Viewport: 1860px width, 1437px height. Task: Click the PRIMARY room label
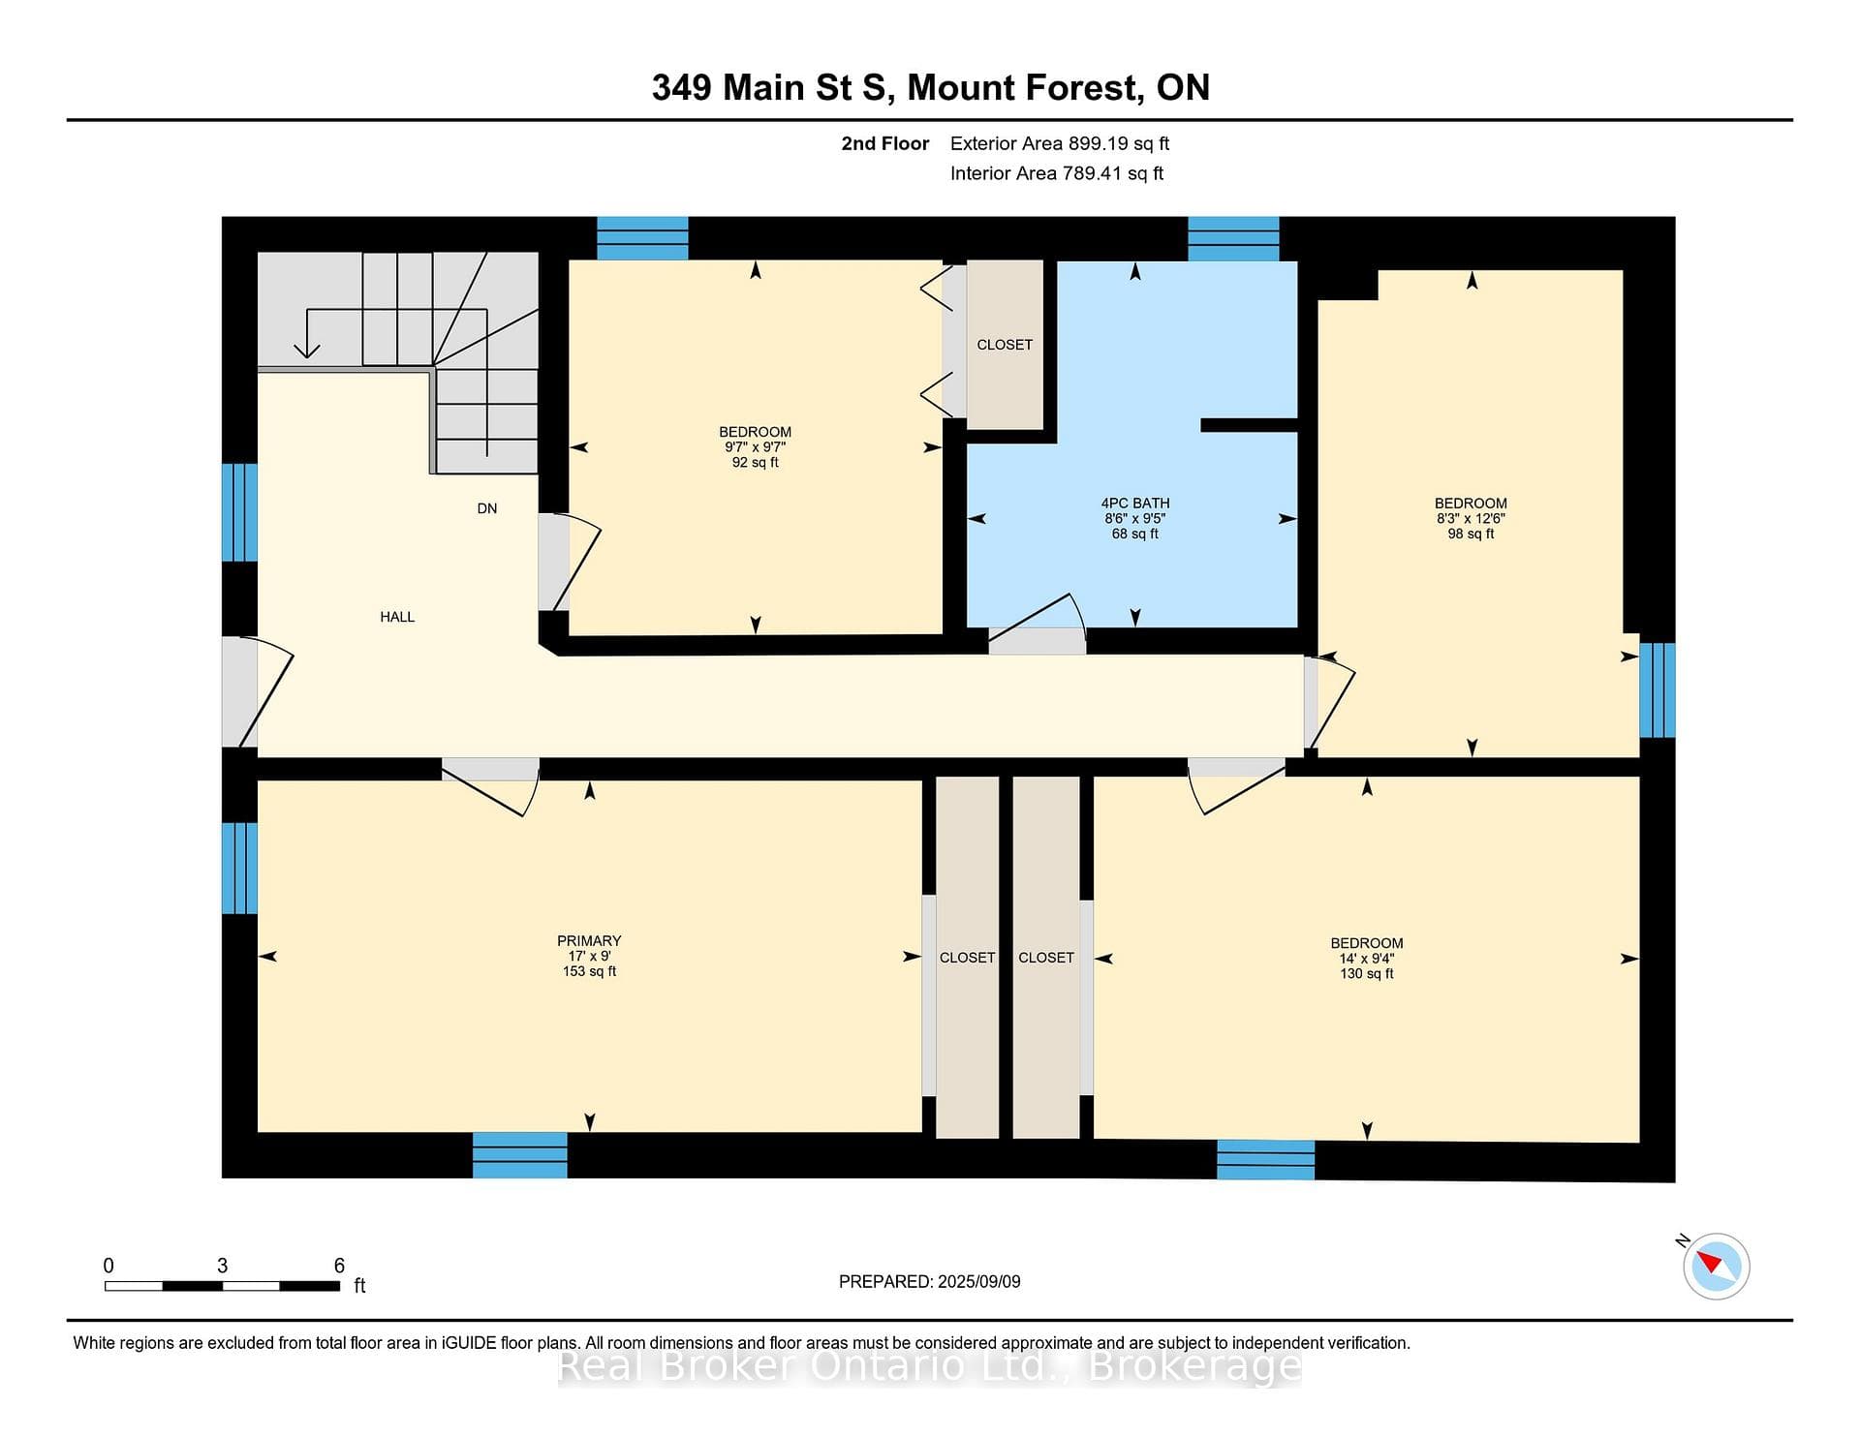(x=589, y=940)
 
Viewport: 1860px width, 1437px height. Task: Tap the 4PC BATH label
(x=1135, y=503)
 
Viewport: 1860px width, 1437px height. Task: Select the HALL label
(x=397, y=617)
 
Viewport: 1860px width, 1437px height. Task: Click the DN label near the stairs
(x=487, y=508)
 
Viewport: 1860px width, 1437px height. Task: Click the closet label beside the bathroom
(x=1005, y=345)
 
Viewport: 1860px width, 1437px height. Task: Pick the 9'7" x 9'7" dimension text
(x=756, y=447)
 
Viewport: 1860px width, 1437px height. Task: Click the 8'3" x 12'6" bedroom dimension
(x=1471, y=518)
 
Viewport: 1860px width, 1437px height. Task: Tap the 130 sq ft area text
(x=1367, y=973)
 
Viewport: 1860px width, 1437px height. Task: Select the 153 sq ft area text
(x=589, y=971)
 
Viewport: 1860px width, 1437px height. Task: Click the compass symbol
(x=1716, y=1266)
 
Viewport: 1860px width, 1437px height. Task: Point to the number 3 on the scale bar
(x=223, y=1265)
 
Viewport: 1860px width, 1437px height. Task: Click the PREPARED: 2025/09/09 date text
(x=930, y=1281)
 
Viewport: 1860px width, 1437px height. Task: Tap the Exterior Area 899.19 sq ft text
(x=1060, y=143)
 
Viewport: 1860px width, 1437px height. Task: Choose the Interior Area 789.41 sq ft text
(x=1057, y=173)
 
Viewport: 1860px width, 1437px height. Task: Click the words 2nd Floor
(x=884, y=143)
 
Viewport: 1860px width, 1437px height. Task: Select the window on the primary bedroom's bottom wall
(x=520, y=1154)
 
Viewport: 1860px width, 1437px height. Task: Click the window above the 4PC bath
(x=1233, y=238)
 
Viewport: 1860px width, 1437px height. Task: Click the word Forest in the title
(x=1081, y=87)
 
